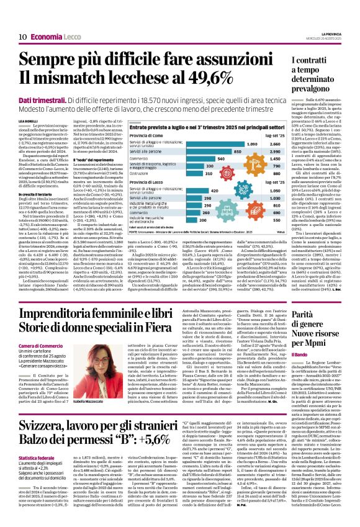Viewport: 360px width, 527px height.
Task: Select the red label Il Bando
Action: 299,353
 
